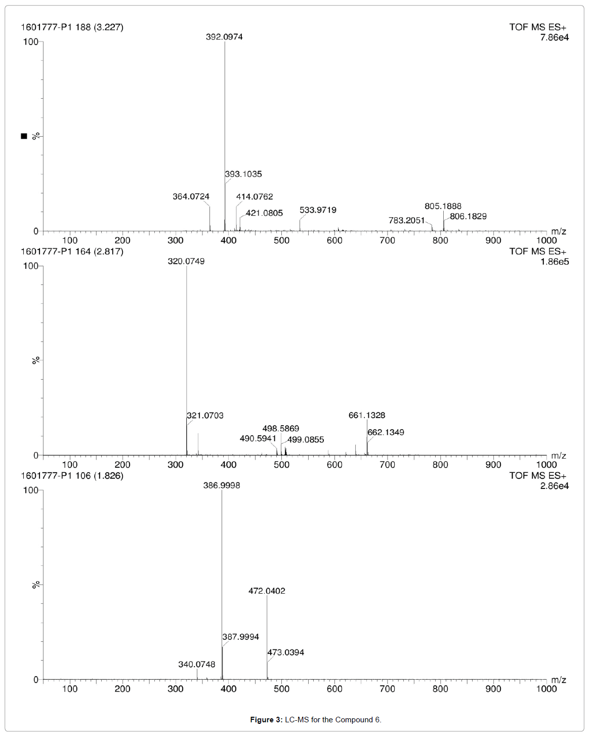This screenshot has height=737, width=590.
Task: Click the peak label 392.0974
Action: (224, 37)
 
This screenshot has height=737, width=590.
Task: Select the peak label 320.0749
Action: (186, 261)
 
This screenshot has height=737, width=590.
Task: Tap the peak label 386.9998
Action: (222, 485)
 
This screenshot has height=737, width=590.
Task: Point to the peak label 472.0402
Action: (267, 591)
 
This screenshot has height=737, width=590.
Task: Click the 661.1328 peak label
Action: (367, 415)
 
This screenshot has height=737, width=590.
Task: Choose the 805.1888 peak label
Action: (443, 206)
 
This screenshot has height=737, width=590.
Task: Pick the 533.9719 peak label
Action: (318, 210)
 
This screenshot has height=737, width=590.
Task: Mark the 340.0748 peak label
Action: (197, 664)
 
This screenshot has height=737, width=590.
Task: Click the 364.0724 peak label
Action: (191, 196)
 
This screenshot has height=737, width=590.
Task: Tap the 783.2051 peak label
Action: (407, 220)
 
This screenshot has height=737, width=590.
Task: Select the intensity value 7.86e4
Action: (554, 37)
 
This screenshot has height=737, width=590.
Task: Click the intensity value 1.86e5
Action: (554, 262)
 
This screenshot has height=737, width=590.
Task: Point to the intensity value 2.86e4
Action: (554, 486)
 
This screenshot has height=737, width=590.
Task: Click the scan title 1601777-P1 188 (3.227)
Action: (72, 27)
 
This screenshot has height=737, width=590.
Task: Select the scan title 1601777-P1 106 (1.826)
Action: (72, 476)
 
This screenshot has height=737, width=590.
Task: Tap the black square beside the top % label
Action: (24, 136)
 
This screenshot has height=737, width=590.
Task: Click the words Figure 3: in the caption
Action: (266, 720)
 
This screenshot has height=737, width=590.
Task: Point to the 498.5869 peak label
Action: (281, 428)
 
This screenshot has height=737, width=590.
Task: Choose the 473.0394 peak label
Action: (286, 652)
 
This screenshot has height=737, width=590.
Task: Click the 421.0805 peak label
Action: (264, 213)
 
